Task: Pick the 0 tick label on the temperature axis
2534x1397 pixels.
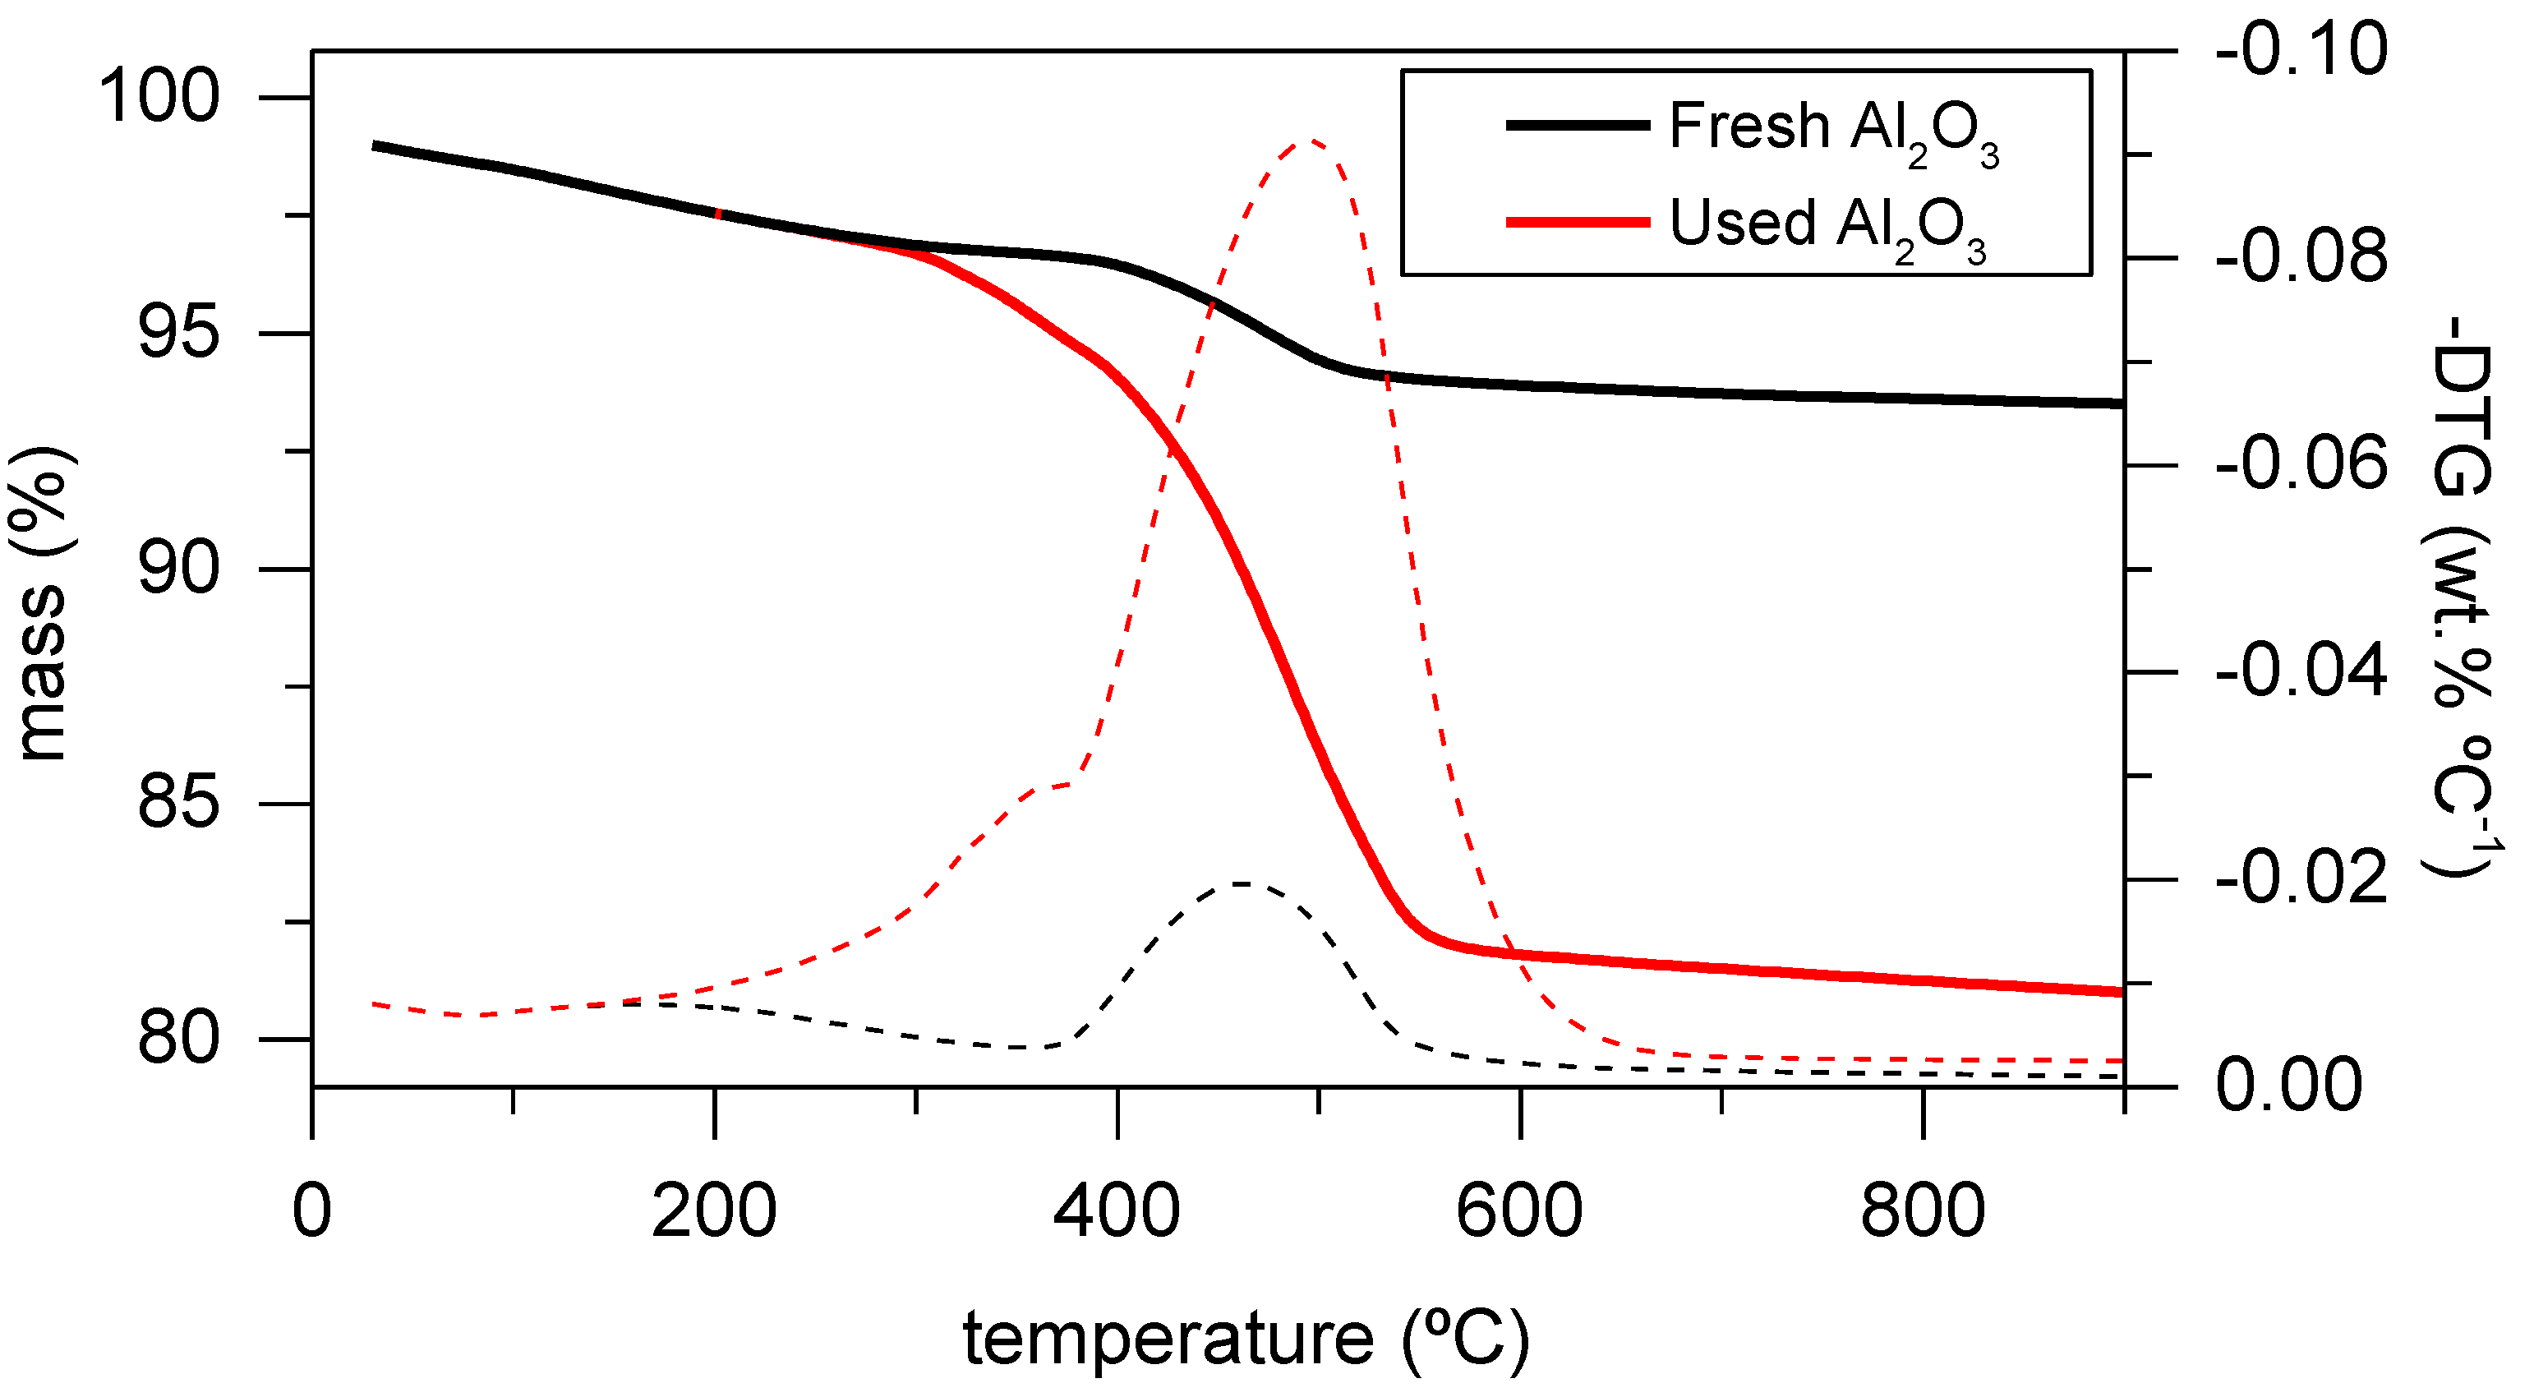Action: (312, 1212)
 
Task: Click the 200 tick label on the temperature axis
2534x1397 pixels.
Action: (714, 1212)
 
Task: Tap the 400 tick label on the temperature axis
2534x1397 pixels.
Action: (1117, 1212)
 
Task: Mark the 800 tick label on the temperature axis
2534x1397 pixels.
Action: (1922, 1212)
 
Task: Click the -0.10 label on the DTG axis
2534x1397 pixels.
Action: (2300, 49)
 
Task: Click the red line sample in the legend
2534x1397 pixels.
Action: (1578, 223)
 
